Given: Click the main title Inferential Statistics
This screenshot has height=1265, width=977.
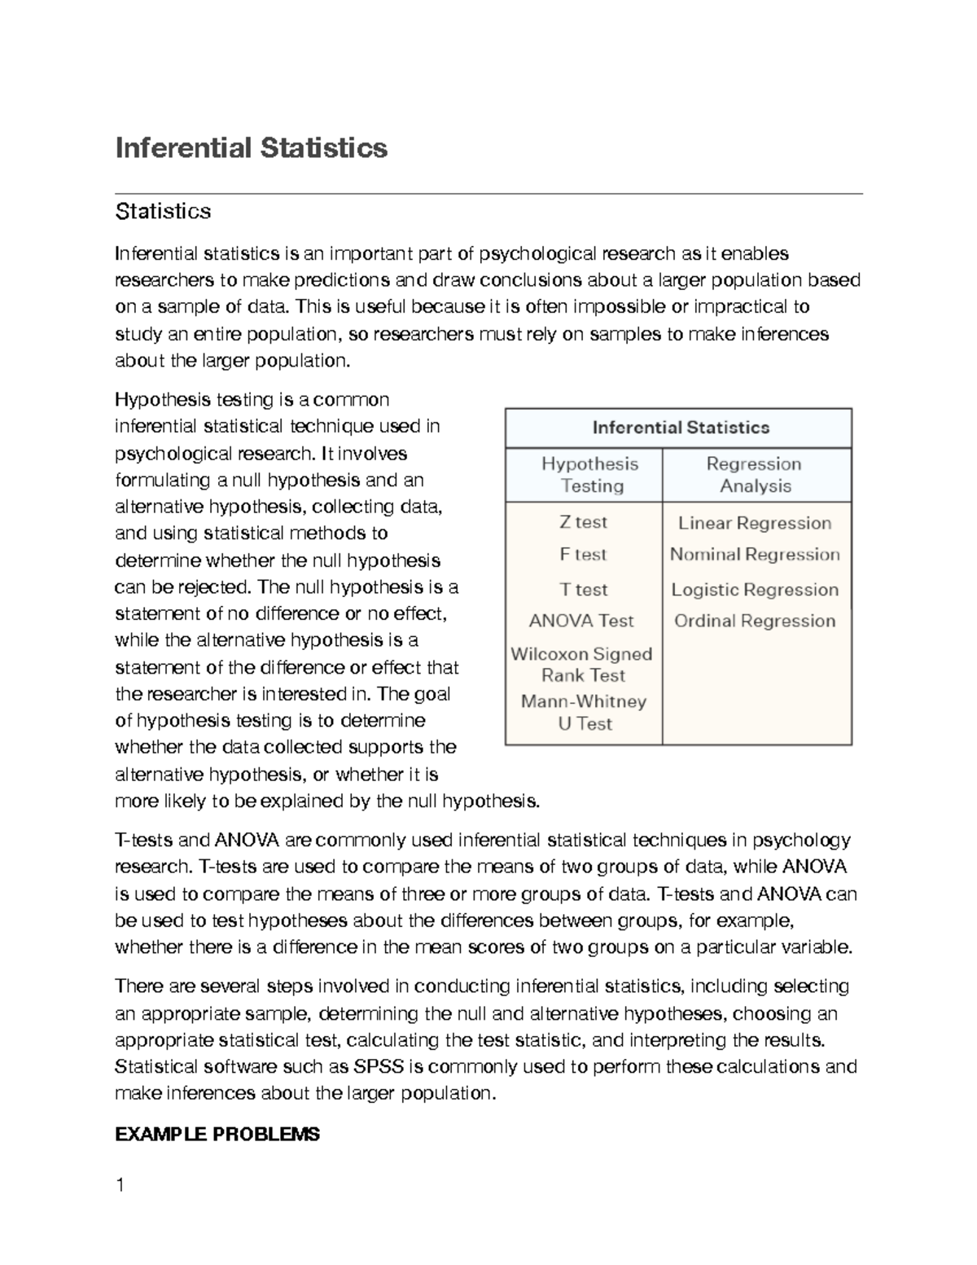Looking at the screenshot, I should tap(252, 148).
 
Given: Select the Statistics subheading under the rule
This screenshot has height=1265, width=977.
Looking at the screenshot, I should tap(164, 212).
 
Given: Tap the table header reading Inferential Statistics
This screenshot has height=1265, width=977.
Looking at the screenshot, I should tap(681, 428).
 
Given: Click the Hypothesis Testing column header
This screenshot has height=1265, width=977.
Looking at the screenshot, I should tap(590, 475).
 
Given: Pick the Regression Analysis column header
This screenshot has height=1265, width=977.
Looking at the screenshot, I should tap(755, 475).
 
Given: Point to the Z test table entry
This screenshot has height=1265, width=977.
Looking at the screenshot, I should tap(583, 522).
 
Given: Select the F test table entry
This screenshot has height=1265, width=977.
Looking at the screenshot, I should tap(583, 555).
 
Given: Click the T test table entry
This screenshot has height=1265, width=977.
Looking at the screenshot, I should tap(583, 589).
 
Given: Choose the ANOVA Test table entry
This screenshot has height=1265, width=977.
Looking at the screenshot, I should tap(581, 621).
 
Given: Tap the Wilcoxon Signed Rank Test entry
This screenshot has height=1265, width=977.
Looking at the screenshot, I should tap(582, 665).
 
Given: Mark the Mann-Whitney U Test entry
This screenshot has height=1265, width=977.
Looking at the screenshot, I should tap(584, 713).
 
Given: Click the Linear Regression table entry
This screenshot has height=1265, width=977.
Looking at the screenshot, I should tap(755, 523).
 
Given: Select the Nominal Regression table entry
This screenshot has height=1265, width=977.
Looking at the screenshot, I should tap(755, 555).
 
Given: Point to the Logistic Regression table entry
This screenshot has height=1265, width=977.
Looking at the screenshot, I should tap(755, 590).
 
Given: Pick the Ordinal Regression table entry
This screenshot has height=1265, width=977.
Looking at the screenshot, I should tap(755, 621).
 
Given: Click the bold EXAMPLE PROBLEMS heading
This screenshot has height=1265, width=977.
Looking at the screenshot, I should tap(217, 1134).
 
